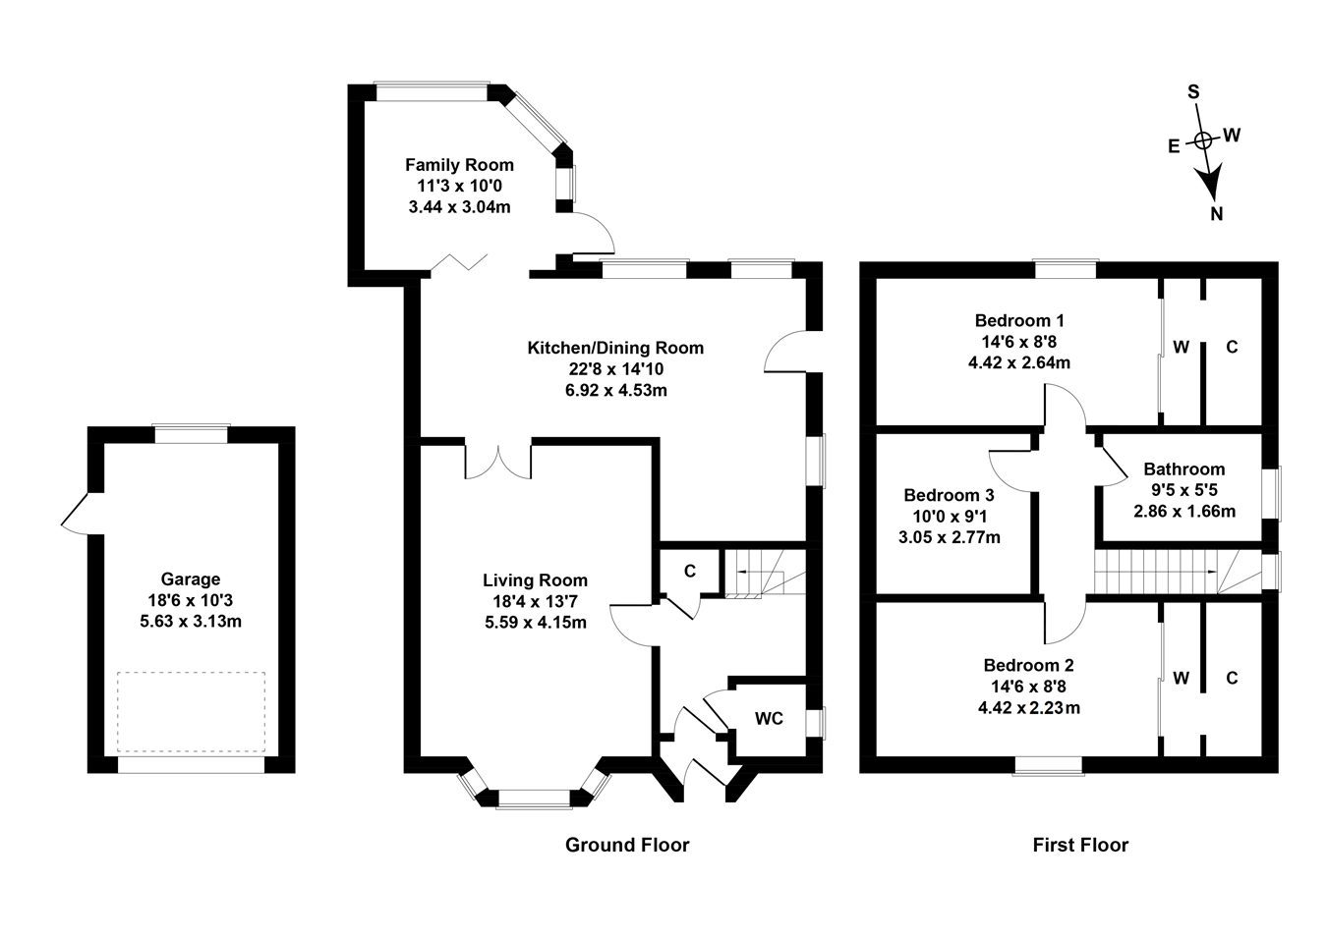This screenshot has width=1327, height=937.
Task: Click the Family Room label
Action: (459, 165)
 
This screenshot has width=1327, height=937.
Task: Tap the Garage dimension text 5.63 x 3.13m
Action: (191, 621)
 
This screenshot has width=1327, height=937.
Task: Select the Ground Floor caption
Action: (627, 845)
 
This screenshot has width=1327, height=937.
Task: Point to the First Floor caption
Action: (1080, 845)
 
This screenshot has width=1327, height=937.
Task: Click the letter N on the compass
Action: (1217, 214)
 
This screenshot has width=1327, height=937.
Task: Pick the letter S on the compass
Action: (1193, 92)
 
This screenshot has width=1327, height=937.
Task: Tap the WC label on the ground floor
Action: (769, 719)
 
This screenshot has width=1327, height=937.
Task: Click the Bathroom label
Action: (1183, 469)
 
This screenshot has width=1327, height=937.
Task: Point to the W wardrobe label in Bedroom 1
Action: (1181, 347)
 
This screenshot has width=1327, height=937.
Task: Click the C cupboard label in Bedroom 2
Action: (1232, 678)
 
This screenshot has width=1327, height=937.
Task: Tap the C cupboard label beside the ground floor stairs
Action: (689, 572)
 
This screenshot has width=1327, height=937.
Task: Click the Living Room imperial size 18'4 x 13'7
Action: (535, 601)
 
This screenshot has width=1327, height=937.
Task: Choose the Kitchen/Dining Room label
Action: (615, 348)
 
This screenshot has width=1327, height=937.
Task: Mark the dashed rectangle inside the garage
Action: (191, 711)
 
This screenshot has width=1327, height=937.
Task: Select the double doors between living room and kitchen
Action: (498, 462)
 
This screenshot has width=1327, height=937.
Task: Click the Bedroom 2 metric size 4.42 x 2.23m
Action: (1028, 707)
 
